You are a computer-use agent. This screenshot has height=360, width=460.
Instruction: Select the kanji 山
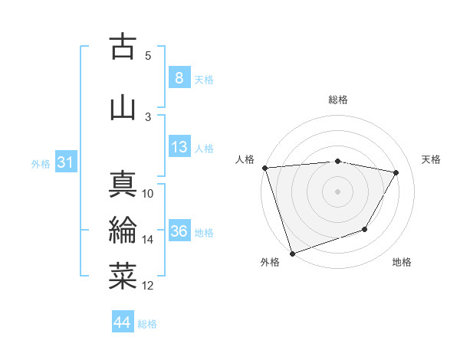tap(123, 108)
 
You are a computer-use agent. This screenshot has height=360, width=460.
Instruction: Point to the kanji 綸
tap(123, 231)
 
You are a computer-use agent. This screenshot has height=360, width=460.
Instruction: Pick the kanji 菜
tap(123, 277)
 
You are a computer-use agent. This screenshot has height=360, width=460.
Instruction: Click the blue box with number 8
tap(179, 78)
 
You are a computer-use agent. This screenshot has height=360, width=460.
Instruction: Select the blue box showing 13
tap(179, 147)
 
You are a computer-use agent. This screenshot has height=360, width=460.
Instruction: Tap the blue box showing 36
tap(179, 231)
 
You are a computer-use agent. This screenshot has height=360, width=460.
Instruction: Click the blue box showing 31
tap(64, 162)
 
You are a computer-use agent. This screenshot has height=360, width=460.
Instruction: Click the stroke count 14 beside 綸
tap(148, 240)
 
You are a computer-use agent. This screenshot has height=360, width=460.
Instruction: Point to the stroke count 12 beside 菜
tap(148, 286)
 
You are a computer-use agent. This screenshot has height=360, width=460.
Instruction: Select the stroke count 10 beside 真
tap(148, 194)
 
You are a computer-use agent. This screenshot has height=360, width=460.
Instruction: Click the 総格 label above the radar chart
tap(338, 100)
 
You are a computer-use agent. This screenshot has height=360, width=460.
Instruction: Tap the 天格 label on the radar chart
tap(431, 159)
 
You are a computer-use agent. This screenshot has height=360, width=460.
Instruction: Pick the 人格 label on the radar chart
tap(245, 159)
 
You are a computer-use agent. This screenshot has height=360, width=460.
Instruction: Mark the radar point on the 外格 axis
tap(292, 253)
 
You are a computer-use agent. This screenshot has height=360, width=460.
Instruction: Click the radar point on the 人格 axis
tap(264, 168)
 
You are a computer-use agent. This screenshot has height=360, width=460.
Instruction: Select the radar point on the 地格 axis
tap(366, 229)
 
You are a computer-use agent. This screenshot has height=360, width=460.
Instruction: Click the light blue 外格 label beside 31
tap(40, 163)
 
